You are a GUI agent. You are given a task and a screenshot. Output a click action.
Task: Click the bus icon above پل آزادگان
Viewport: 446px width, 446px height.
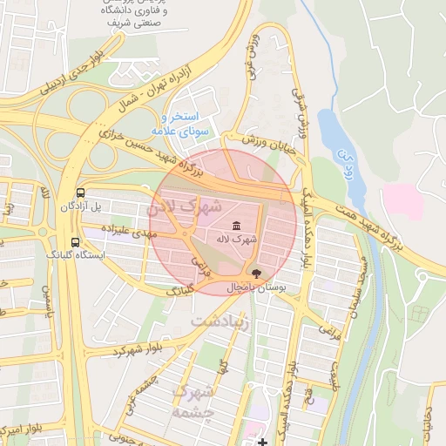(80, 193)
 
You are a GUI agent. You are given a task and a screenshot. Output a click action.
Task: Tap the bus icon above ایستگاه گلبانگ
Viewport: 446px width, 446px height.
(75, 242)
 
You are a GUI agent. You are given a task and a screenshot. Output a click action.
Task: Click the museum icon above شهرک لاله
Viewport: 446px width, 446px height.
(237, 226)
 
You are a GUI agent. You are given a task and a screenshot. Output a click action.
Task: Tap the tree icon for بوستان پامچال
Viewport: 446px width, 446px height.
(254, 274)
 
